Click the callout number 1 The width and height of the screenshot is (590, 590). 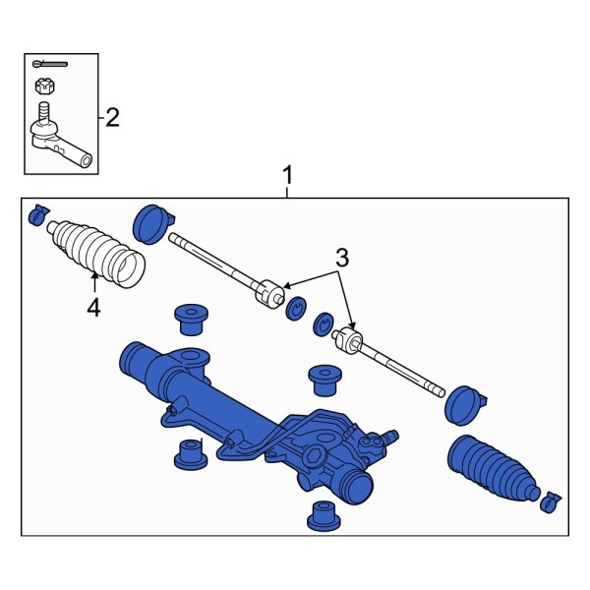pyautogui.click(x=287, y=176)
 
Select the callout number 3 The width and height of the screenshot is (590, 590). pyautogui.click(x=341, y=260)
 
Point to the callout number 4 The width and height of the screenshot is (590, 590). pyautogui.click(x=93, y=308)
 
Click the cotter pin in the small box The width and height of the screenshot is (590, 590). pyautogui.click(x=45, y=66)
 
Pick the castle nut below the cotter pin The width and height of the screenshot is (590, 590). pyautogui.click(x=43, y=86)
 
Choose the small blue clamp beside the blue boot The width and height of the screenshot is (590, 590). pyautogui.click(x=550, y=501)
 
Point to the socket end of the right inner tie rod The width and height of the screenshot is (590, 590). pyautogui.click(x=348, y=341)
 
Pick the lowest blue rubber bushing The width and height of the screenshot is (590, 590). pyautogui.click(x=320, y=514)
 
